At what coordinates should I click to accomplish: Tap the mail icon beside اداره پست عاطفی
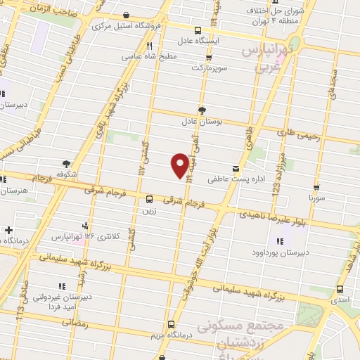235,169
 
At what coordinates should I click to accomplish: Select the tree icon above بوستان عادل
202,110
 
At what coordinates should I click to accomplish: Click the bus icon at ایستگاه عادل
198,30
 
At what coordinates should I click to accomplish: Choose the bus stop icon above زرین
148,199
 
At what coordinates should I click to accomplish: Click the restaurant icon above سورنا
316,188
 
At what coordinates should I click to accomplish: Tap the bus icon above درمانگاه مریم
172,324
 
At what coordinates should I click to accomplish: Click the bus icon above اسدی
340,289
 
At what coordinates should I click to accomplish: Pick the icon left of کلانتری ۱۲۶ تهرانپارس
85,226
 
